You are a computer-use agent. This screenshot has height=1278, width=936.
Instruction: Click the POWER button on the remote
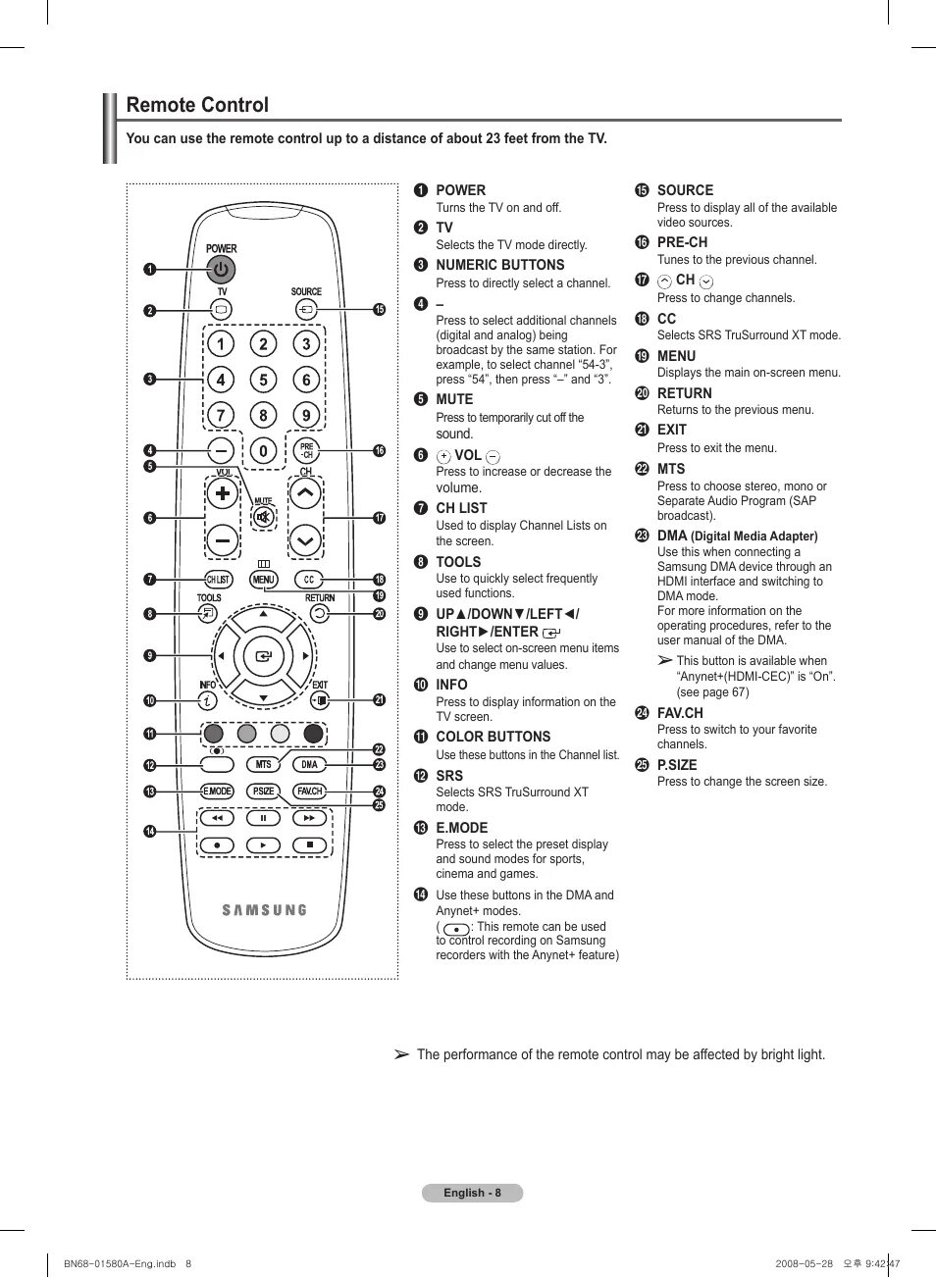(x=221, y=269)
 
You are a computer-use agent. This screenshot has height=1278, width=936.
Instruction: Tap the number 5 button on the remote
(x=263, y=380)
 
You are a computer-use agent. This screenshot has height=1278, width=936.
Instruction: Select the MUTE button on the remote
(x=263, y=516)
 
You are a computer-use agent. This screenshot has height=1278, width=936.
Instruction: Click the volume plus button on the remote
(x=223, y=493)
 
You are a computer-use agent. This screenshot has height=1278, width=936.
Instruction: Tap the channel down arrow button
(x=305, y=540)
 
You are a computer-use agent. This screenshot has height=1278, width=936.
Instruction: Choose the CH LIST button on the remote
(x=218, y=580)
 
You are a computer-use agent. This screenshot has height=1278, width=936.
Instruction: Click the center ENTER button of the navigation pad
(x=263, y=656)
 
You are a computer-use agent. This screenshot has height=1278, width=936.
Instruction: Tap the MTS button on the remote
(x=263, y=764)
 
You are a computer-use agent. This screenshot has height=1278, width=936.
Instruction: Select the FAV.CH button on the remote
(x=309, y=792)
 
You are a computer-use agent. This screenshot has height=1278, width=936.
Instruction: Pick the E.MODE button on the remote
(x=217, y=792)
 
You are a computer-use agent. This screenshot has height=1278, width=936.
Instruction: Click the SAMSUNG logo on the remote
(x=264, y=910)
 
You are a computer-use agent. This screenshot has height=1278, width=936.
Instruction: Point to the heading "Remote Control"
(x=197, y=105)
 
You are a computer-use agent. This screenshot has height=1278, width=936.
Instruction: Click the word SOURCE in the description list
(x=685, y=190)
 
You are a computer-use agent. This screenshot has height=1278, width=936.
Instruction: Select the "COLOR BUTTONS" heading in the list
(x=493, y=737)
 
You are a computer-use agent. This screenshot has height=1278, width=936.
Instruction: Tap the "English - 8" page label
(x=472, y=1193)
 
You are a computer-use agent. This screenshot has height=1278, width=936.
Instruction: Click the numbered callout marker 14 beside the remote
(x=150, y=832)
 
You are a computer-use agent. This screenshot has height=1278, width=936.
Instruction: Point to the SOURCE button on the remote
(x=306, y=310)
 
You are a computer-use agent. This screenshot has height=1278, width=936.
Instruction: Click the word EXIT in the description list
(x=672, y=430)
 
